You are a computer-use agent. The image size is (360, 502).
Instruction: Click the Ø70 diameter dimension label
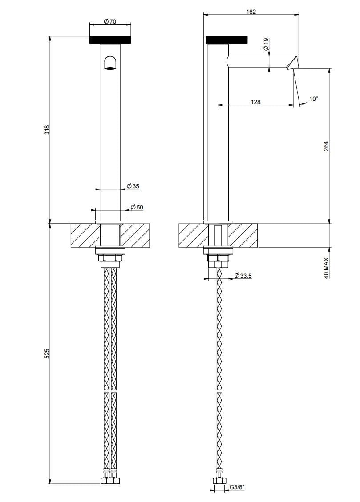(109, 21)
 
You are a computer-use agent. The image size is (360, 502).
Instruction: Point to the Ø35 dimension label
(133, 186)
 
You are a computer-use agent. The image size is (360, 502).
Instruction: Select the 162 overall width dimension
(251, 12)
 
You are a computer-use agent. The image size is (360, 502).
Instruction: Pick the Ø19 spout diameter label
(266, 44)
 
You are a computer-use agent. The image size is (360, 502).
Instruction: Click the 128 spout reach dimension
(255, 102)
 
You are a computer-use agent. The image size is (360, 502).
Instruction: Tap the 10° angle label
(314, 99)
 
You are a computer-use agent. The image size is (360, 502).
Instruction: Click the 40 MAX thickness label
(326, 268)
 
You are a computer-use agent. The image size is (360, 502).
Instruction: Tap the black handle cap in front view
(110, 40)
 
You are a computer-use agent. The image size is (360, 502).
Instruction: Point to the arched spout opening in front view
(110, 63)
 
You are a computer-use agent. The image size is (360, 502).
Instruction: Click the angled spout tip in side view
(293, 62)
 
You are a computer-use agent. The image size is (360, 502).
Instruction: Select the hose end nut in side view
(218, 480)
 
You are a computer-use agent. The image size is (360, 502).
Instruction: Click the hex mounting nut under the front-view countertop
(110, 258)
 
